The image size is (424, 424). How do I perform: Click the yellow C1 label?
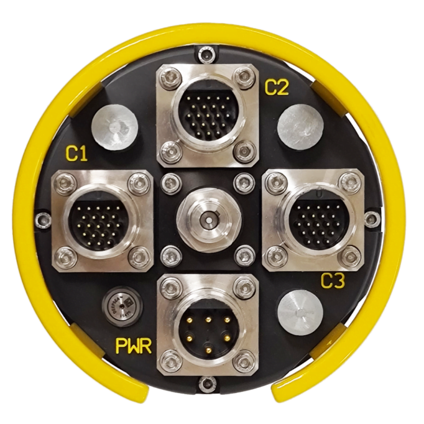click(x=76, y=154)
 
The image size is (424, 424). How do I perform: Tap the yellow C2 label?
click(x=277, y=88)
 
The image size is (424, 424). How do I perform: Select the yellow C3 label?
click(x=333, y=282)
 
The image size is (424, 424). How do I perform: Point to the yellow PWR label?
click(x=134, y=346)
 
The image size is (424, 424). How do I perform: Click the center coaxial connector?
click(x=207, y=219)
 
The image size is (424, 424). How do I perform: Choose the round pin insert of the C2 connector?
click(x=207, y=114)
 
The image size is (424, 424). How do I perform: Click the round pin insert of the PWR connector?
click(x=207, y=325)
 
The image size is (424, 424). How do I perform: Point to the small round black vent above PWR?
click(x=121, y=304)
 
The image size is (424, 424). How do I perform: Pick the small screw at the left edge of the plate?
click(x=42, y=219)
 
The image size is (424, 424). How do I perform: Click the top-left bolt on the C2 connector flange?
click(x=168, y=78)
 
